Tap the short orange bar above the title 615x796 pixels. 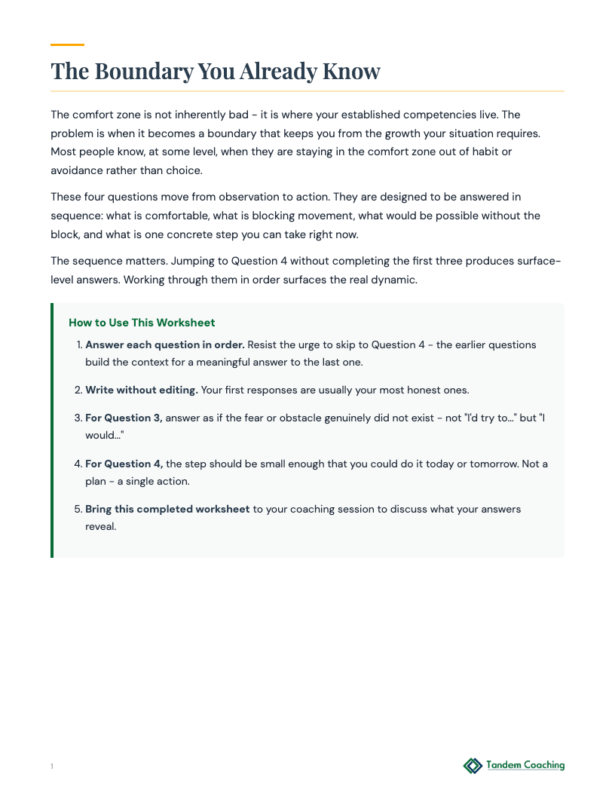(x=67, y=45)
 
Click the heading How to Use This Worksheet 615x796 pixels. (x=142, y=323)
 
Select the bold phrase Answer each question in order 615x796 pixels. (x=165, y=344)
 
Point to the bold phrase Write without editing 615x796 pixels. (x=142, y=390)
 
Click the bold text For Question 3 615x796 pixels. (x=124, y=418)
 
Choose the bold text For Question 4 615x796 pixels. (x=124, y=464)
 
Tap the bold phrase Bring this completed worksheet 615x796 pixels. (x=167, y=509)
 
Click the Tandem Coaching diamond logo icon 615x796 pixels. (x=473, y=766)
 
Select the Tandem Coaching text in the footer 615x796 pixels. (x=525, y=765)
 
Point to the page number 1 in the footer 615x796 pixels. (x=52, y=767)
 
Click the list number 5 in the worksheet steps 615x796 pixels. (x=78, y=509)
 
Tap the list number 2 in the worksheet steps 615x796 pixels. (x=78, y=390)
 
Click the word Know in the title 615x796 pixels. (x=352, y=72)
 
